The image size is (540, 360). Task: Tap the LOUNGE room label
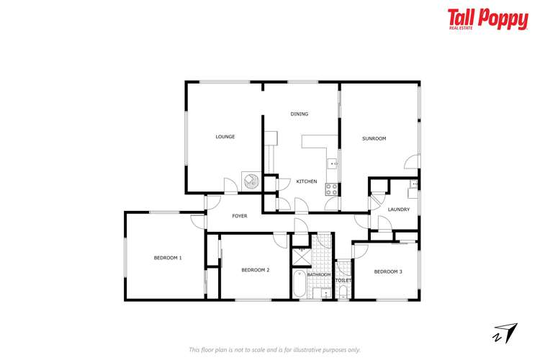(225, 137)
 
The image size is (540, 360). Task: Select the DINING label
(300, 114)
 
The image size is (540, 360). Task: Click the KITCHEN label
(307, 181)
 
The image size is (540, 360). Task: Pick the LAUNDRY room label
(398, 210)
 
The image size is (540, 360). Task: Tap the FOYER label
(240, 216)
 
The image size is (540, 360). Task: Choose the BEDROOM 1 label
(168, 258)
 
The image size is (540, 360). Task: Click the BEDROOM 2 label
(255, 270)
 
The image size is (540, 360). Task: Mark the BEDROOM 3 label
(388, 271)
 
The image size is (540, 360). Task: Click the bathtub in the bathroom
(299, 285)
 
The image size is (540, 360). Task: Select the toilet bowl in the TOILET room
(343, 292)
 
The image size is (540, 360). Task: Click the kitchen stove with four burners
(332, 189)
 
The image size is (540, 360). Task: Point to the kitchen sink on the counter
(333, 163)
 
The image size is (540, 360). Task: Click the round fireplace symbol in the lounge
(251, 180)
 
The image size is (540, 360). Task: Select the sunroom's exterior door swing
(412, 163)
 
